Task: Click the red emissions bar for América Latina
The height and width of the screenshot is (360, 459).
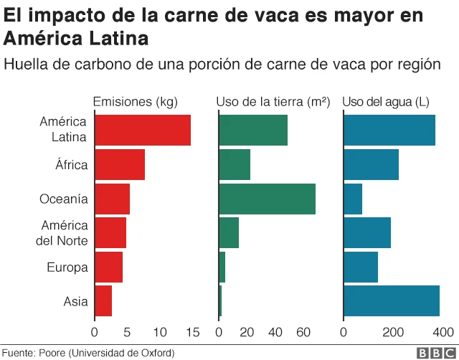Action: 142,131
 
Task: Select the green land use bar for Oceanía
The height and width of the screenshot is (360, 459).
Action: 267,199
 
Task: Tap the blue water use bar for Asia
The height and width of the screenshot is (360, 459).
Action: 392,301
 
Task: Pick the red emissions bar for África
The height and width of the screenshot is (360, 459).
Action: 119,165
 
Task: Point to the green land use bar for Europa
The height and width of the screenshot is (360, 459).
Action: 222,267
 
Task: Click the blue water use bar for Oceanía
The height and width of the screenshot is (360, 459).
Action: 353,199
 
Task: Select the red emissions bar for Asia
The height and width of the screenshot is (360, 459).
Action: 103,301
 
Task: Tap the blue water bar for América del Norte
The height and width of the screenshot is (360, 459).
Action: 367,233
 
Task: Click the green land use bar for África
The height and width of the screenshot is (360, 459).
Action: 235,165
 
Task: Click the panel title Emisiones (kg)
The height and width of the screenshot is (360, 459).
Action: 136,102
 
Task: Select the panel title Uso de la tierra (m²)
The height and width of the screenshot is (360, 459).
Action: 273,102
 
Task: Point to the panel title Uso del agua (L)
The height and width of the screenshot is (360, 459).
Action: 387,102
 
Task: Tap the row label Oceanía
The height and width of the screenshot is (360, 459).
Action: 63,199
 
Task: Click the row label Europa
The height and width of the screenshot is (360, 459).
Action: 67,267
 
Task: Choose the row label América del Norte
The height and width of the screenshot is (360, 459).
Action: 64,233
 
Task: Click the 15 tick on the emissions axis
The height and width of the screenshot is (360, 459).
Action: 192,332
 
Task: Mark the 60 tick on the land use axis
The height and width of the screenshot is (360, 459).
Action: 303,332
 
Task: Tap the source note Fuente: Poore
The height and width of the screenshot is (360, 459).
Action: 87,353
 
